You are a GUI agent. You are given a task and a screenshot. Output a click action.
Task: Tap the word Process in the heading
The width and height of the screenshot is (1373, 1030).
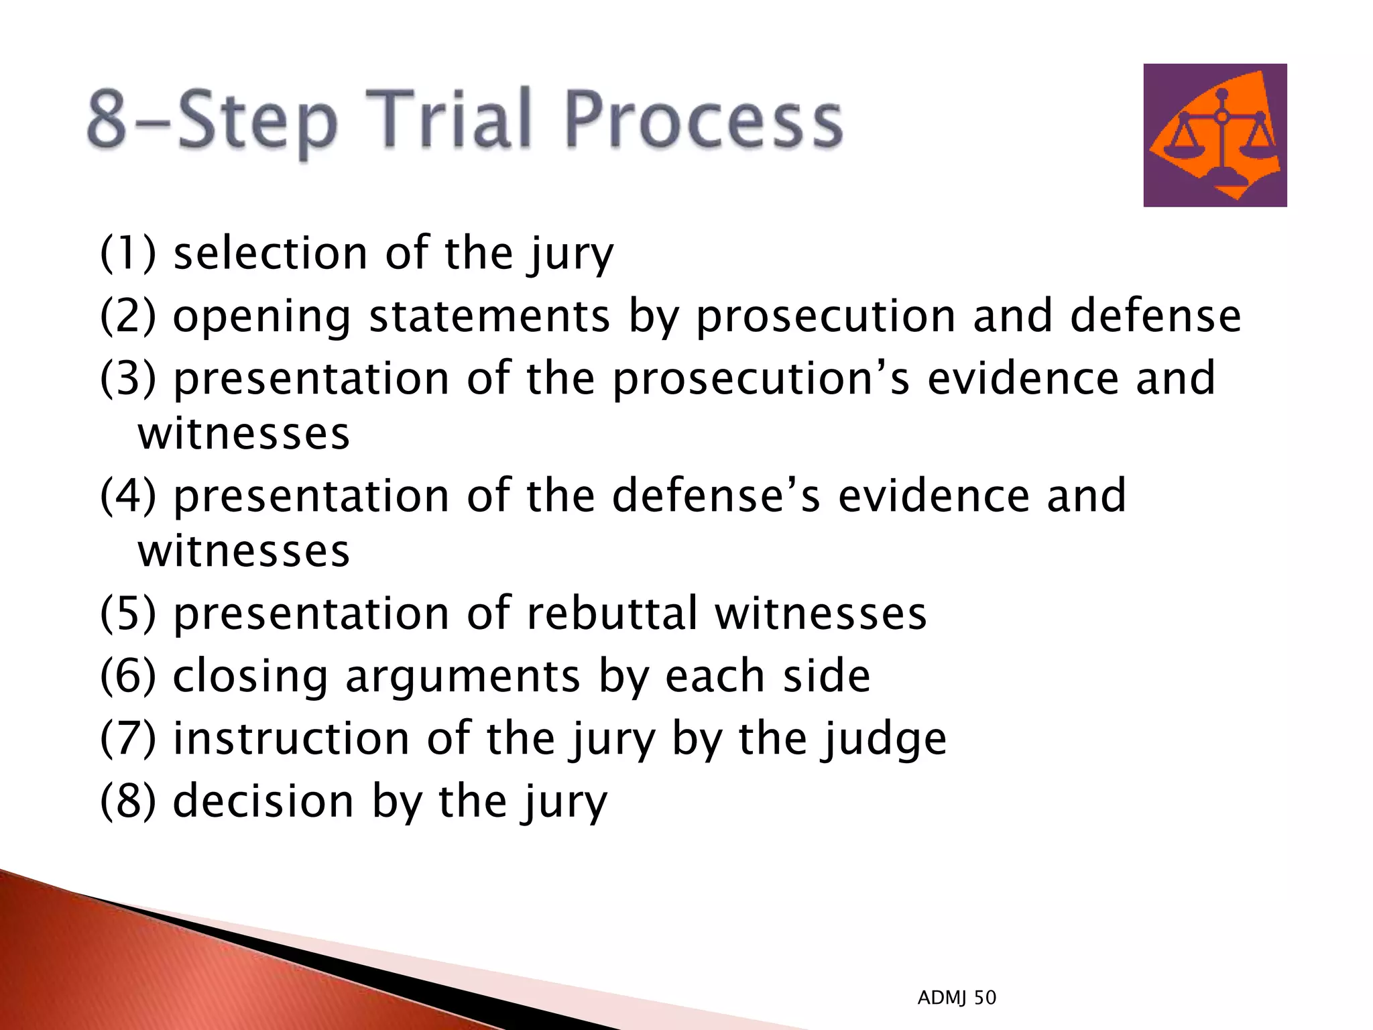tap(704, 121)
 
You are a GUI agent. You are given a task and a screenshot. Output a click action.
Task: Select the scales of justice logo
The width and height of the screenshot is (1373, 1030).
tap(1215, 135)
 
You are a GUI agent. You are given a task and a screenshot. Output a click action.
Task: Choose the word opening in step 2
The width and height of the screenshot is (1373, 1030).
tap(261, 317)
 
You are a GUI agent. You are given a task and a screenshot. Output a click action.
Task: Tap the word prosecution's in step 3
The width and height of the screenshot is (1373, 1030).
tap(762, 379)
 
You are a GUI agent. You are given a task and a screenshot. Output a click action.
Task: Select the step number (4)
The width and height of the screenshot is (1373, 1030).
tap(127, 496)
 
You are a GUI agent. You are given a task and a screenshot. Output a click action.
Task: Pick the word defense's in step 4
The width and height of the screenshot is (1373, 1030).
tap(716, 496)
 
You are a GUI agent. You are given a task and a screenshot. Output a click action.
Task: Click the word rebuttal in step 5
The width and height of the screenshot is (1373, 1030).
tap(612, 613)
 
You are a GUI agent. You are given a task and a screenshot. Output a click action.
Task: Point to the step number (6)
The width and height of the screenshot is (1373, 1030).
tap(127, 675)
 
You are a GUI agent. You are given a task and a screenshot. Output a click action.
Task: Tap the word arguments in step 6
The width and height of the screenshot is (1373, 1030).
tap(463, 677)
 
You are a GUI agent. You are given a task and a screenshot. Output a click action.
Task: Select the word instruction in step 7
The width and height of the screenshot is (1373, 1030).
tap(291, 738)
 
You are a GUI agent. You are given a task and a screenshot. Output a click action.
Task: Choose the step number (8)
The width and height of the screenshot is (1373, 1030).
tap(127, 801)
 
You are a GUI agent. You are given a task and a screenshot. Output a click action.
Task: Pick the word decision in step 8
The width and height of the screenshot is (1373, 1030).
tap(263, 801)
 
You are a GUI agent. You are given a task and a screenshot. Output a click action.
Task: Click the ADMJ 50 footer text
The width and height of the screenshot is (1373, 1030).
tap(957, 998)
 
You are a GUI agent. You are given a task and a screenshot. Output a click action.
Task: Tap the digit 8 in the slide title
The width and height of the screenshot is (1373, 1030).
tap(107, 119)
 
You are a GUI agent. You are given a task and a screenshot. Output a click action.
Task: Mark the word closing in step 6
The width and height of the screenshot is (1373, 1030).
tap(251, 677)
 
